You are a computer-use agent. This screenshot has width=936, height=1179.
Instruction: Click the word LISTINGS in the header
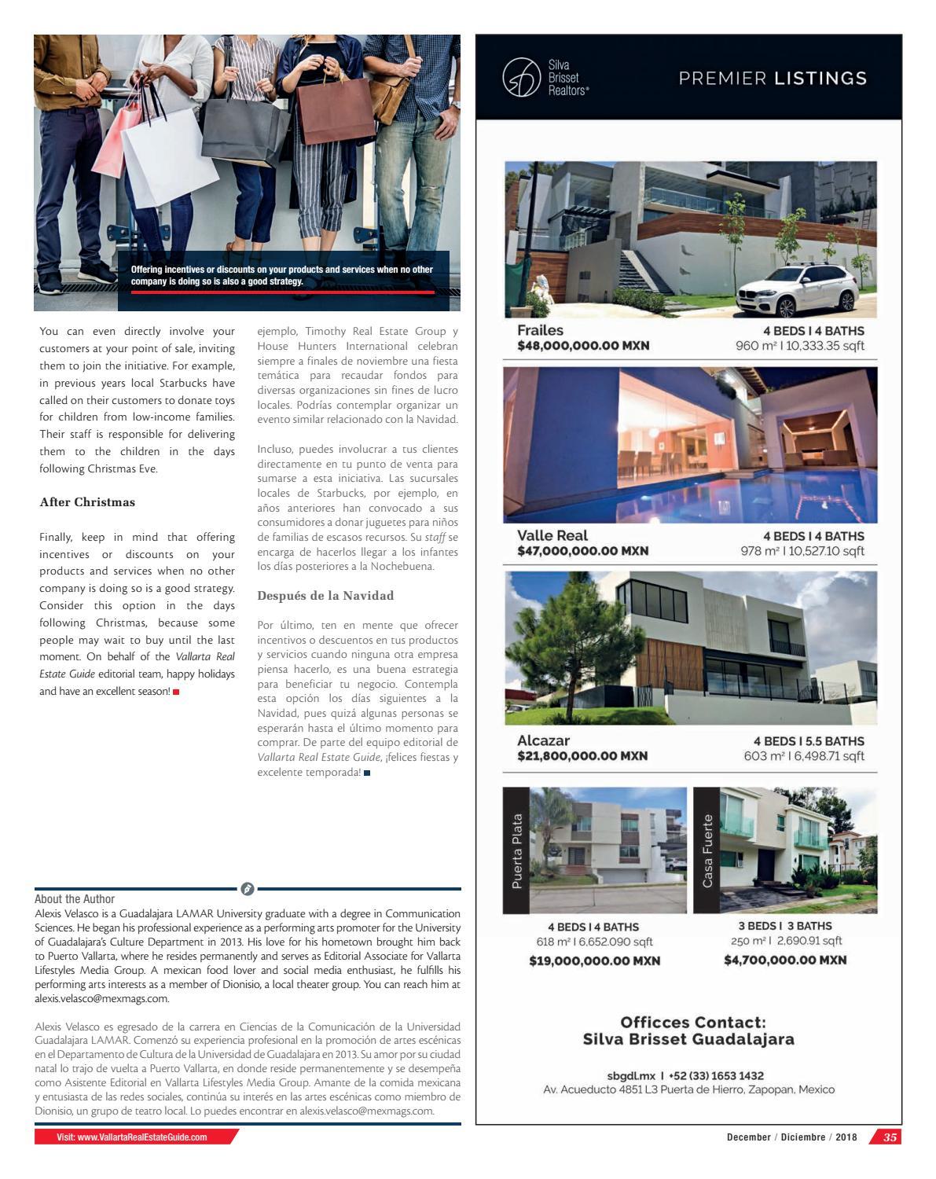(x=820, y=78)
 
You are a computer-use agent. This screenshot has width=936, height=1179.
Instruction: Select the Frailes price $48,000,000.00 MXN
(x=583, y=346)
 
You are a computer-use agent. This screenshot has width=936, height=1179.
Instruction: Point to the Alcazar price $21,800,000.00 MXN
(x=582, y=756)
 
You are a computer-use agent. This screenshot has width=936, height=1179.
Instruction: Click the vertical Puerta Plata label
(x=516, y=850)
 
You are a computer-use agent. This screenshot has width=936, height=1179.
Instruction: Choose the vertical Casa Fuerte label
(x=707, y=850)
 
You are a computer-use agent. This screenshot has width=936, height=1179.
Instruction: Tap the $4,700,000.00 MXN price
(x=785, y=960)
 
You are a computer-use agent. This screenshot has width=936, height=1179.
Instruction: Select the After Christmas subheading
(x=87, y=502)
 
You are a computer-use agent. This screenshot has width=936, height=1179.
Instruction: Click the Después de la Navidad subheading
(x=325, y=596)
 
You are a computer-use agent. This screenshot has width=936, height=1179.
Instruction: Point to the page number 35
(x=890, y=1137)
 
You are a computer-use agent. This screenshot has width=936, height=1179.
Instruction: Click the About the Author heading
(x=75, y=898)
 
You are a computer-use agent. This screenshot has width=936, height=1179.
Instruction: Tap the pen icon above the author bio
(x=247, y=889)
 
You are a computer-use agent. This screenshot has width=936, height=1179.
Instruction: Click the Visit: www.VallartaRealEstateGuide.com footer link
(x=132, y=1137)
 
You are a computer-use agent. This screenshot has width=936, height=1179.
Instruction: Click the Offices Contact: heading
(x=692, y=1023)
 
